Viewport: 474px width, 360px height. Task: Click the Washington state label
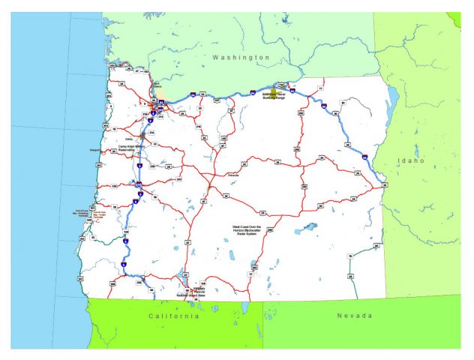(240, 57)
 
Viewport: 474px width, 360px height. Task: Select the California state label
(173, 316)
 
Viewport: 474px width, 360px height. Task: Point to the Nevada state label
(353, 316)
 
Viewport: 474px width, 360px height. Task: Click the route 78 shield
(349, 257)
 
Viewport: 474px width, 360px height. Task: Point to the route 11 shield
(320, 88)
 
